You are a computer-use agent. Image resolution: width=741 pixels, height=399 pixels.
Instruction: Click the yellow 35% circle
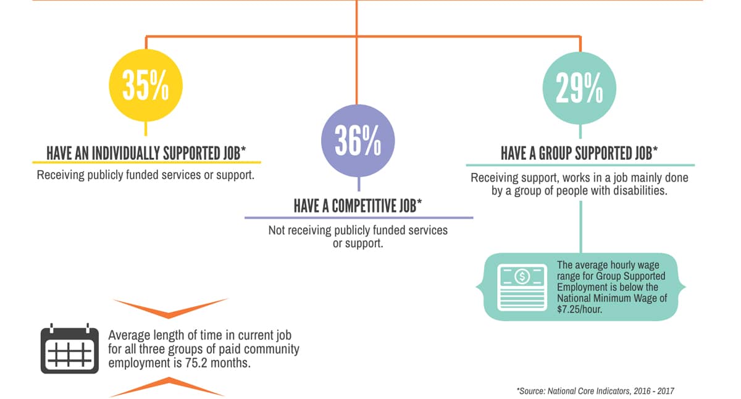(x=146, y=86)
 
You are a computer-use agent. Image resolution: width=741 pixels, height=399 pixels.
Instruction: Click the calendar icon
(x=69, y=350)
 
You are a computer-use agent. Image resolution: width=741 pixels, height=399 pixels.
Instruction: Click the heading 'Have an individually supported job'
(x=146, y=153)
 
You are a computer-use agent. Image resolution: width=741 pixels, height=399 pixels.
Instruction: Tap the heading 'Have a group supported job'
(x=579, y=153)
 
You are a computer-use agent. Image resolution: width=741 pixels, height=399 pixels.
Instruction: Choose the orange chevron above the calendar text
(x=170, y=306)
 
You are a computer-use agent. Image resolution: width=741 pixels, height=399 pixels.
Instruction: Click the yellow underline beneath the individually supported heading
(x=146, y=162)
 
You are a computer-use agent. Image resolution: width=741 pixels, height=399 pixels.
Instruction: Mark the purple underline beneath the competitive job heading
(x=358, y=217)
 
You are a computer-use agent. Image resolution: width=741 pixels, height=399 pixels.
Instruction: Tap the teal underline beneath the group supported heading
(x=580, y=165)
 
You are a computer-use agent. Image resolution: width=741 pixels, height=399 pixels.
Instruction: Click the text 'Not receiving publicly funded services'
(x=358, y=230)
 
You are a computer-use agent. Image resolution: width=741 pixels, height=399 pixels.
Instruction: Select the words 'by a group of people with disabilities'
(x=579, y=191)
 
